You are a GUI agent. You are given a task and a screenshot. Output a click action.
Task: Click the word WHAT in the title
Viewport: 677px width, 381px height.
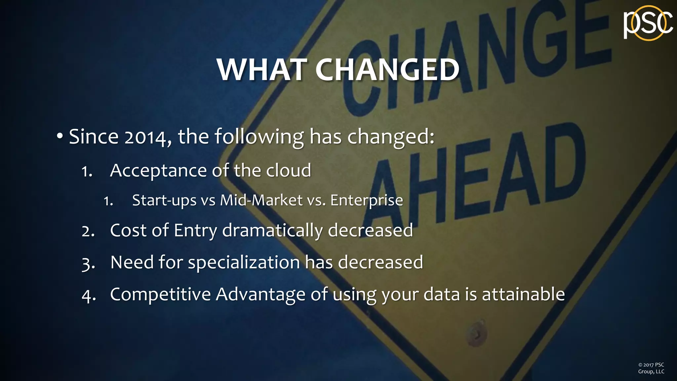(x=261, y=70)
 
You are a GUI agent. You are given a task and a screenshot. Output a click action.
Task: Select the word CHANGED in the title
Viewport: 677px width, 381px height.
(x=387, y=70)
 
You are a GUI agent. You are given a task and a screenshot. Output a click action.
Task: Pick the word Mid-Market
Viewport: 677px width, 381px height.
(x=261, y=200)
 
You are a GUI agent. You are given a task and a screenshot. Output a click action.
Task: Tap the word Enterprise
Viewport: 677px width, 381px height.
(x=367, y=200)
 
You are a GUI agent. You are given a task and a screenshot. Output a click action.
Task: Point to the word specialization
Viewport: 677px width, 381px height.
(x=244, y=263)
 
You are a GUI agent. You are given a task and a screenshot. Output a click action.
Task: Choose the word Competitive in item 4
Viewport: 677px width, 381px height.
(x=160, y=294)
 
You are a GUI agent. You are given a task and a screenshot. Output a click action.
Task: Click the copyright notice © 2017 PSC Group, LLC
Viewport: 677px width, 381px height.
(x=651, y=368)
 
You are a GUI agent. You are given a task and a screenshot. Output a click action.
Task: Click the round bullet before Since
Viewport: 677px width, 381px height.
(x=60, y=136)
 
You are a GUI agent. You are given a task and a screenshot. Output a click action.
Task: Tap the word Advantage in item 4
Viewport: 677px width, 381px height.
(x=260, y=294)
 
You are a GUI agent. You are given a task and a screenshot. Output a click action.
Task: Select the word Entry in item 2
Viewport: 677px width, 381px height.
(x=195, y=231)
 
